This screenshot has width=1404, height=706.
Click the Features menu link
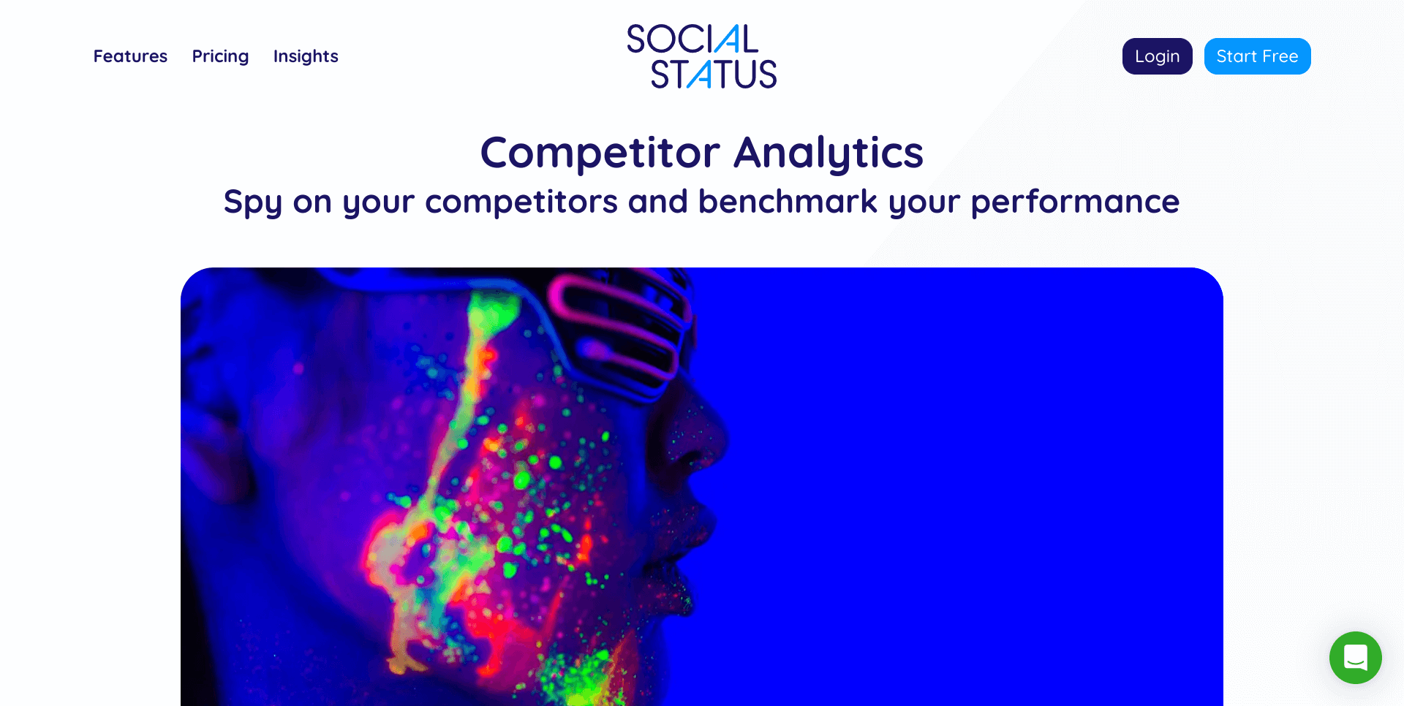pyautogui.click(x=130, y=56)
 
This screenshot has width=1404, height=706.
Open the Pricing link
pyautogui.click(x=220, y=56)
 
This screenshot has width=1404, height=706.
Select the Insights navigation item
pyautogui.click(x=306, y=56)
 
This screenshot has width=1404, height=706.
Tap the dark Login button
pyautogui.click(x=1157, y=56)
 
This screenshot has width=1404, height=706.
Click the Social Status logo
pyautogui.click(x=701, y=56)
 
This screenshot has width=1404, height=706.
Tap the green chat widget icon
pyautogui.click(x=1355, y=658)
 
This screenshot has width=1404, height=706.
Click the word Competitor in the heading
pyautogui.click(x=600, y=153)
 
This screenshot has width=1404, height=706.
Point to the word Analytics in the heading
pyautogui.click(x=829, y=153)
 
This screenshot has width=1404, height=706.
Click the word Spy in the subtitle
pyautogui.click(x=252, y=202)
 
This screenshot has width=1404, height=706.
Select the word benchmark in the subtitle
pyautogui.click(x=787, y=202)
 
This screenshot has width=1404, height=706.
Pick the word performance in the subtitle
pyautogui.click(x=1074, y=202)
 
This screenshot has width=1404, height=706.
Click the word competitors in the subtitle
pyautogui.click(x=521, y=202)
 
